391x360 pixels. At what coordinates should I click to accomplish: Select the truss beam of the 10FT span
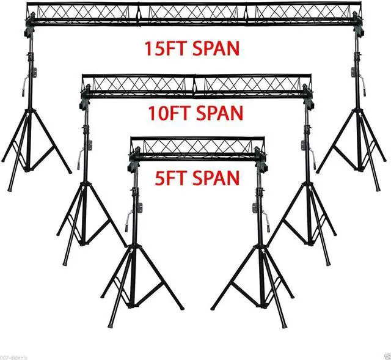pos(195,85)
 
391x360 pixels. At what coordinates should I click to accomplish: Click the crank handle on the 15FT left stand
pos(23,83)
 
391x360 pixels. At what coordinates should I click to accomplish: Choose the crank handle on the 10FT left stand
pos(80,158)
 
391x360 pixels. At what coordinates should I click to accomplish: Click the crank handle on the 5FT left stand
pos(128,219)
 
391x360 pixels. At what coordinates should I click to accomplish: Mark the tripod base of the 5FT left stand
pos(137,287)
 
